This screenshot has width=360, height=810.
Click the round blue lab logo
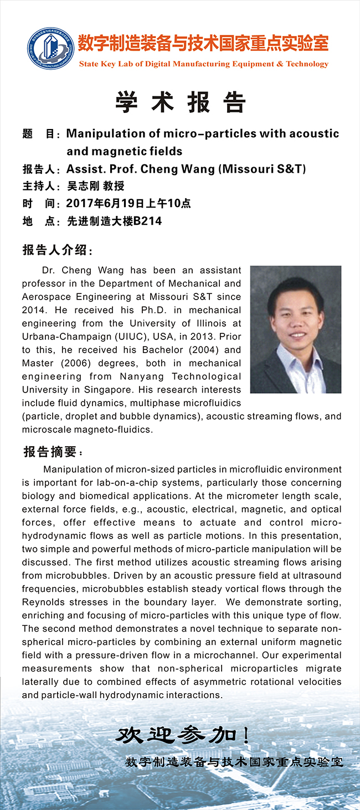tap(51, 49)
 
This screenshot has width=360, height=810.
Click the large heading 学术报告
tap(181, 102)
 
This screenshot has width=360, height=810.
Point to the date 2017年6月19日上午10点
tap(128, 203)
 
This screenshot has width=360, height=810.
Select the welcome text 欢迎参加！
tap(183, 735)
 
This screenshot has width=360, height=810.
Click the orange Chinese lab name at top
tap(203, 43)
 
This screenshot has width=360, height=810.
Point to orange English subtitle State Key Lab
tap(203, 64)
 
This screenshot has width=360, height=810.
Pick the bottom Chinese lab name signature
tap(234, 762)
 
